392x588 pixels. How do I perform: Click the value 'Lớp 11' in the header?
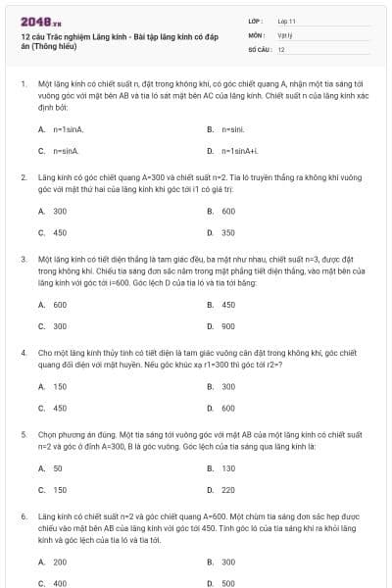pos(287,20)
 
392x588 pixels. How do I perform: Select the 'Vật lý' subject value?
pos(284,34)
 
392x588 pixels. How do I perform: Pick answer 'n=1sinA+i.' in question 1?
pos(241,151)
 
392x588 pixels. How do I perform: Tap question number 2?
pos(24,177)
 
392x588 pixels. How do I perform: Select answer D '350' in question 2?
pos(228,233)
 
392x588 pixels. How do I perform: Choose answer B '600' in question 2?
pos(228,211)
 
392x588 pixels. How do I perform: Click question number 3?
pos(24,260)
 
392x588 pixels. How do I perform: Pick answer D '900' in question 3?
pos(228,326)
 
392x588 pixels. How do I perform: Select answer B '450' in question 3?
pos(228,305)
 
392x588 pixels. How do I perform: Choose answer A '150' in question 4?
pos(60,386)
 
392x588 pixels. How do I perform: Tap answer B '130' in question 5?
pos(228,468)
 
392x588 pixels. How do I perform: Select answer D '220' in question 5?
pos(228,490)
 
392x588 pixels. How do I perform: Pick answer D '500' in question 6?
pos(228,583)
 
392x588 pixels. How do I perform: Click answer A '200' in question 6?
pos(60,562)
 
